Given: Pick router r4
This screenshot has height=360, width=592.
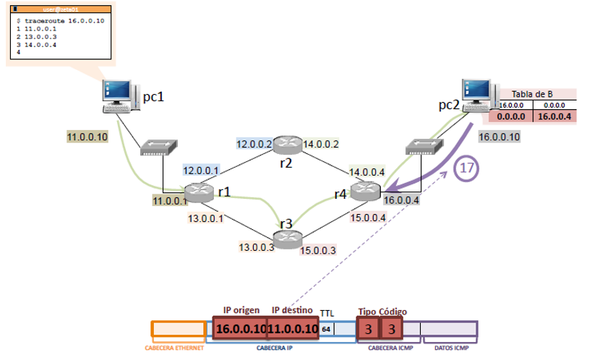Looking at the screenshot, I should tap(366, 192).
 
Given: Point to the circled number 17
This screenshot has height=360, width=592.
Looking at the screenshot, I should tap(467, 168).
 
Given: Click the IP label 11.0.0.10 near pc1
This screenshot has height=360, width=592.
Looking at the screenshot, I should tap(87, 136).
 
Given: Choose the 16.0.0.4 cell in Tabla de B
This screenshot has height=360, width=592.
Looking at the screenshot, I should tap(554, 116).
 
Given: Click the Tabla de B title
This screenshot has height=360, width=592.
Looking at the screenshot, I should tap(532, 94).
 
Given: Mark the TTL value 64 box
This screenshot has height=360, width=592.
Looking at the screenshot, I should tap(327, 329).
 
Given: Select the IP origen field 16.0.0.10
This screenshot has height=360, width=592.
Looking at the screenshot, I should tap(240, 329).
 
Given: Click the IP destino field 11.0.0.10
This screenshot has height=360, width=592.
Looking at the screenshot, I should tap(293, 329).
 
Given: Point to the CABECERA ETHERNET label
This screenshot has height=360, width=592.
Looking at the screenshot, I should tap(174, 348).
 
